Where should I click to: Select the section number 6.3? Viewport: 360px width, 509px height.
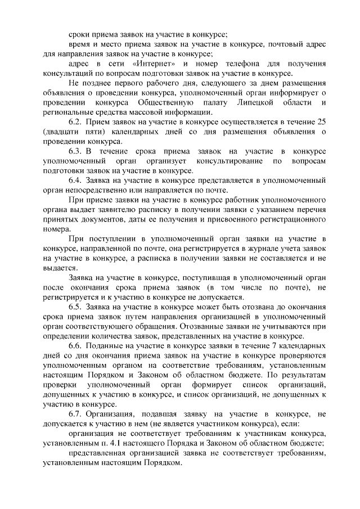pyautogui.click(x=75, y=151)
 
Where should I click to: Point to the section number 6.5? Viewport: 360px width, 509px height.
pyautogui.click(x=75, y=306)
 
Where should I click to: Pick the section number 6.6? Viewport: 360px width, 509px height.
pyautogui.click(x=75, y=345)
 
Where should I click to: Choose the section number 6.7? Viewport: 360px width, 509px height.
pyautogui.click(x=75, y=413)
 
